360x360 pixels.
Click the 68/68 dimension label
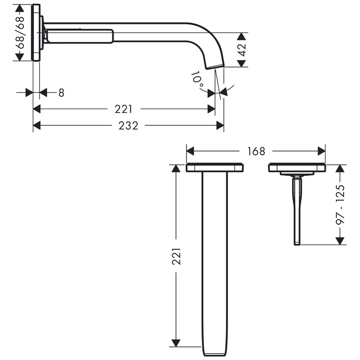[x=21, y=32]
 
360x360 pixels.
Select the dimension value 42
[x=242, y=50]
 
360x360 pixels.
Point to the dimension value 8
[x=61, y=93]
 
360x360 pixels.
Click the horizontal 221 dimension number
[x=123, y=109]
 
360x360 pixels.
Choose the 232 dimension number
[x=129, y=126]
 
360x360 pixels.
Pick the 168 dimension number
[x=256, y=151]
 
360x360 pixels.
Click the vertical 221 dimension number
[x=176, y=256]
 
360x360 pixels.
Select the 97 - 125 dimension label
[x=340, y=204]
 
